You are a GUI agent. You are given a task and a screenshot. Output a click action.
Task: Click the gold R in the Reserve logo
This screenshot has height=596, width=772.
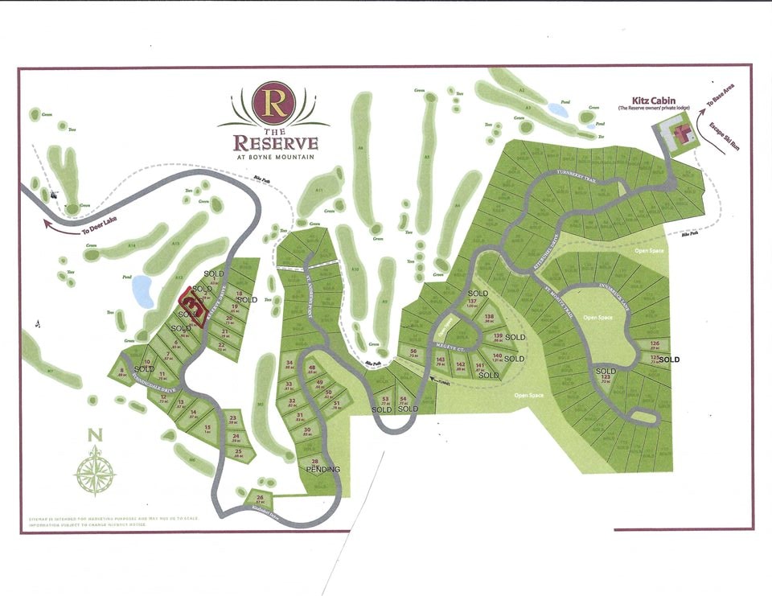pos(273,102)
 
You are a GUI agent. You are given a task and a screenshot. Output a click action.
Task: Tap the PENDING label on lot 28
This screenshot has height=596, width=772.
pos(323,469)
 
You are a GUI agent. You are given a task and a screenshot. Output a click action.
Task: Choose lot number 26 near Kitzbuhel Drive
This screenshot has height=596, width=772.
pos(238,498)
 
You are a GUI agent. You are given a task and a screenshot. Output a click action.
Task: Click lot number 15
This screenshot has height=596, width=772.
pos(207,428)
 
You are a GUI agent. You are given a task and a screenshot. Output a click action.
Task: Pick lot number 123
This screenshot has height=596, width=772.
pos(606,377)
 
